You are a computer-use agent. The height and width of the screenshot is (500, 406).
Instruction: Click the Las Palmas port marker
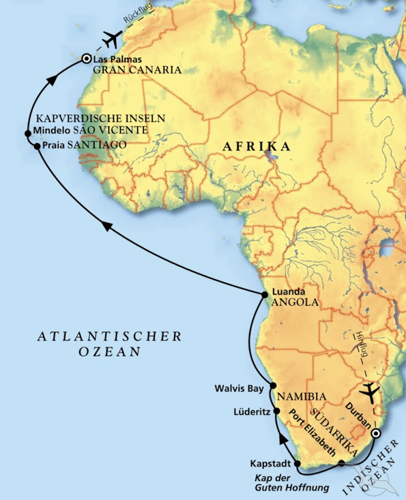click(x=86, y=59)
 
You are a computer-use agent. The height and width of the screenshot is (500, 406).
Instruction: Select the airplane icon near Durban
click(x=369, y=392)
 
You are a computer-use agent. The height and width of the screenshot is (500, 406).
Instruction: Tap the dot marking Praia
click(x=37, y=145)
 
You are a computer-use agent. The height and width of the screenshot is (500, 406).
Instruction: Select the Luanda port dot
click(x=265, y=295)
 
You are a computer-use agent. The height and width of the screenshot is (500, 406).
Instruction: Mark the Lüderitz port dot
click(x=277, y=411)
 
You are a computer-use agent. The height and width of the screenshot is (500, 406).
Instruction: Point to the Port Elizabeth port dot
click(x=340, y=464)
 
